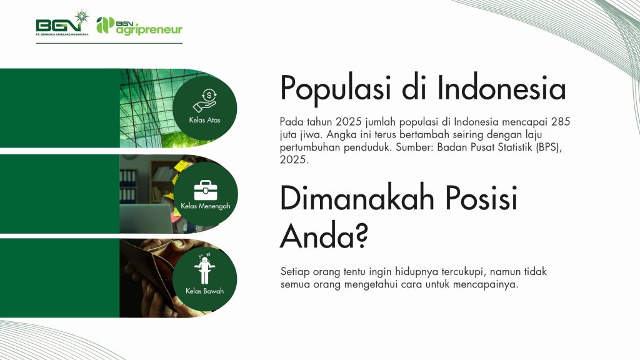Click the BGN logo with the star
[x=62, y=23]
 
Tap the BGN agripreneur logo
[x=139, y=26]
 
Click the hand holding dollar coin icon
[x=204, y=101]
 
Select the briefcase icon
[x=205, y=190]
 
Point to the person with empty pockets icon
[x=204, y=269]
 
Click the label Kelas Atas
[x=204, y=120]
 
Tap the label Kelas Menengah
[x=205, y=206]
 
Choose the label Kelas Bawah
[x=204, y=291]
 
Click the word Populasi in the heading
[x=336, y=89]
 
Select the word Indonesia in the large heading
[x=502, y=87]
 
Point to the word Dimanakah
[x=357, y=198]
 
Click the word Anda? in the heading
[x=324, y=236]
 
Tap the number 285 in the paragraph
[x=561, y=122]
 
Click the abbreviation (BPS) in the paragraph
[x=549, y=147]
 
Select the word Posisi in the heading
[x=482, y=198]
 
